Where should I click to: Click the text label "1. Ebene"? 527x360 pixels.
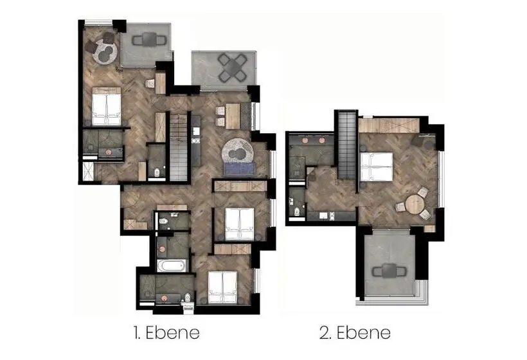[x=166, y=333]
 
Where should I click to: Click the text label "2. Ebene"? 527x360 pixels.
[x=355, y=333]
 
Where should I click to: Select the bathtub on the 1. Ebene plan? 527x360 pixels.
[x=172, y=265]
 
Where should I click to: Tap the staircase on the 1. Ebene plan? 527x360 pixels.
[x=178, y=147]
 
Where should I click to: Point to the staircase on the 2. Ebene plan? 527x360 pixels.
[x=346, y=145]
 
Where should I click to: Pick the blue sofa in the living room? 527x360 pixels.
[x=240, y=169]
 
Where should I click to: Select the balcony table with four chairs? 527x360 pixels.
[x=232, y=67]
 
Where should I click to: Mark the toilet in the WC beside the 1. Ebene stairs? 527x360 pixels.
[x=157, y=172]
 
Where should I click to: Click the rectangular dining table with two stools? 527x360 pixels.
[x=233, y=116]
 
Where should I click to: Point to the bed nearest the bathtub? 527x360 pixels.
[x=222, y=287]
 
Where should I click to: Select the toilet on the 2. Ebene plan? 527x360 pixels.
[x=296, y=212]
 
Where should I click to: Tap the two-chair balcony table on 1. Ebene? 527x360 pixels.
[x=149, y=40]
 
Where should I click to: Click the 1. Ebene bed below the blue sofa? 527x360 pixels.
[x=240, y=224]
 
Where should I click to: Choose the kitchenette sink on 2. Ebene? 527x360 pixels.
[x=324, y=216]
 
